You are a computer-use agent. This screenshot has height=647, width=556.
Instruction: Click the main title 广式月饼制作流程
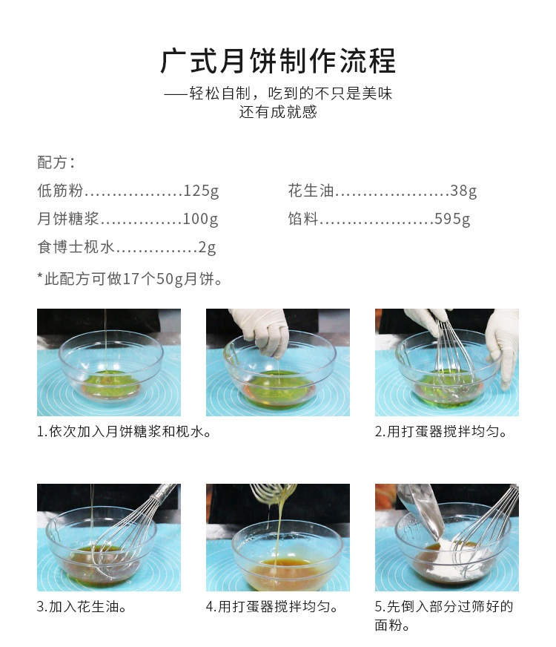click(x=278, y=61)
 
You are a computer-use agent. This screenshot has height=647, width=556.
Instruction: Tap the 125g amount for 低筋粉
click(x=201, y=191)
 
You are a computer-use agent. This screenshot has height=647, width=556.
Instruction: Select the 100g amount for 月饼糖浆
click(x=200, y=219)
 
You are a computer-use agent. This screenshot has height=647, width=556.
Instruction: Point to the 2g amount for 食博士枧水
click(x=208, y=247)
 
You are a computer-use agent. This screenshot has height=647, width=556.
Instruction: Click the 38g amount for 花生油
click(x=463, y=191)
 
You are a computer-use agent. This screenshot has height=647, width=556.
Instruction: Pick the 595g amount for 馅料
click(x=452, y=219)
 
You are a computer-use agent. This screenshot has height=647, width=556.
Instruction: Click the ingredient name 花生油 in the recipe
click(x=311, y=191)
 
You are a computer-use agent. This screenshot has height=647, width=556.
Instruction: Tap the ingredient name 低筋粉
click(x=60, y=191)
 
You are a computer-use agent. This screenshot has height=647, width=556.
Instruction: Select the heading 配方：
click(x=56, y=162)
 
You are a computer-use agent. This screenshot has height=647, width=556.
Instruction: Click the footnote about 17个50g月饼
click(x=130, y=279)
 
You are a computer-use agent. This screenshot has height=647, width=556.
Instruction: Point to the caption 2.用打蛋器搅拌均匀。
click(x=441, y=432)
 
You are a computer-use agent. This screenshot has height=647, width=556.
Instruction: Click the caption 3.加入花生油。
click(x=82, y=607)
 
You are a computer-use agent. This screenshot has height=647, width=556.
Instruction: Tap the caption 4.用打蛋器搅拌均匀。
click(x=272, y=607)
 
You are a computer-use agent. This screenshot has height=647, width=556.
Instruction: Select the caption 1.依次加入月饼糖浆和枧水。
click(x=124, y=432)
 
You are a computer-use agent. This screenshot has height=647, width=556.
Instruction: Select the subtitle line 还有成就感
click(x=278, y=112)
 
